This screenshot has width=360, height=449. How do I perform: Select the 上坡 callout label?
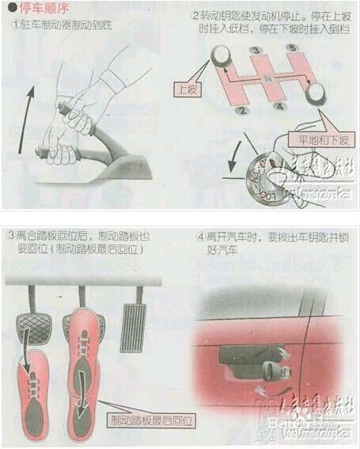(x=188, y=89)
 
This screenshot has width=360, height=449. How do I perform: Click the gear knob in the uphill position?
(x=221, y=56)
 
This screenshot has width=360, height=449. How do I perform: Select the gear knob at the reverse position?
(x=316, y=93)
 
